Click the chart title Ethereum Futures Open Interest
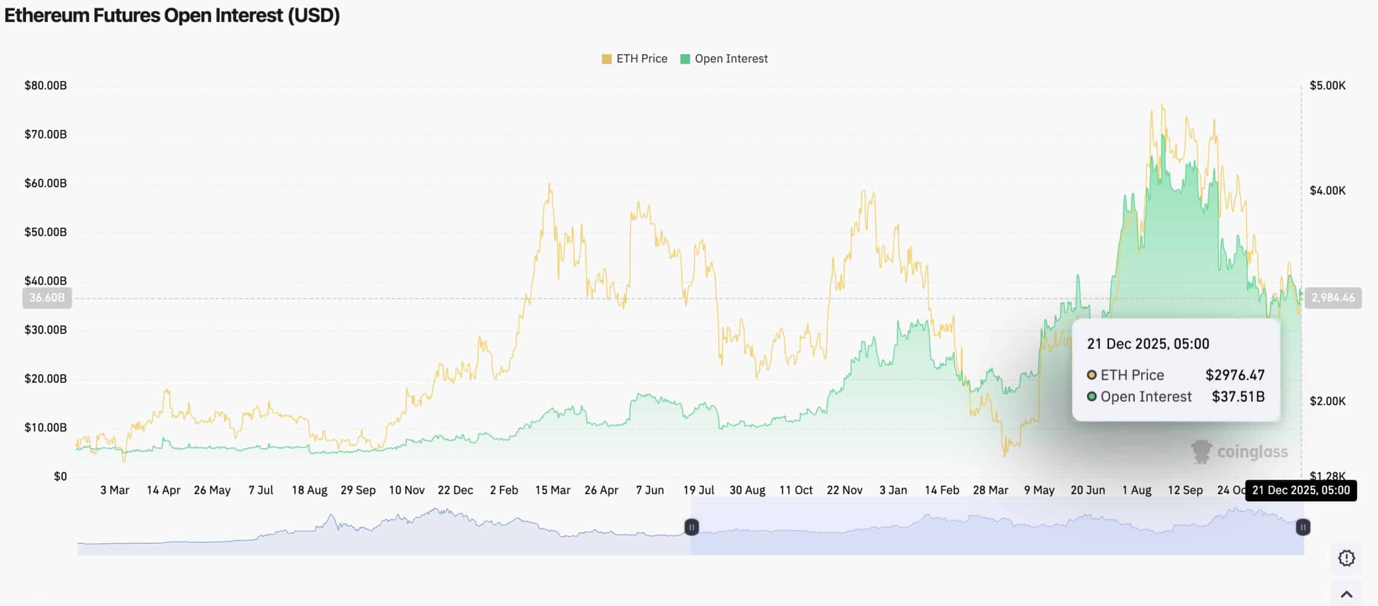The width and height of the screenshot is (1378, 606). click(172, 16)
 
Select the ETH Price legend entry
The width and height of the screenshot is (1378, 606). click(635, 59)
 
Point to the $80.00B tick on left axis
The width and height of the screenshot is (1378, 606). click(46, 86)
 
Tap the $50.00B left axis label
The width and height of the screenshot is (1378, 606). click(46, 232)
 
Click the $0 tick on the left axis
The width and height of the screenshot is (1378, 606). click(60, 476)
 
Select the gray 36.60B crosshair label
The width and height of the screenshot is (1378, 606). click(47, 298)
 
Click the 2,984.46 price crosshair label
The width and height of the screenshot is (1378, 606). click(1333, 298)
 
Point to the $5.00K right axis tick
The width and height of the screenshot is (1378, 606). click(1327, 86)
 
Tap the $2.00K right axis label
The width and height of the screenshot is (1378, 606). click(1327, 401)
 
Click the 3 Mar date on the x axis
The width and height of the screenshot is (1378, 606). click(115, 490)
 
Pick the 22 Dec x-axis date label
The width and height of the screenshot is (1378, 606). click(455, 490)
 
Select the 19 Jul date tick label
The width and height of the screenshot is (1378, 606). click(699, 490)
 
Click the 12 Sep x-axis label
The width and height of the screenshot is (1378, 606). click(1185, 490)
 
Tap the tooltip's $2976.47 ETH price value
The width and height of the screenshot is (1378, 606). click(1235, 375)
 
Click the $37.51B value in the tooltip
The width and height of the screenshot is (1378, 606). click(1238, 396)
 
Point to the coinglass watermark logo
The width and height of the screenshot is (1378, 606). click(1240, 452)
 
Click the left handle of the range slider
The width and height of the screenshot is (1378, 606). click(692, 527)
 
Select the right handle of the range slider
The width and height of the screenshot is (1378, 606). click(1303, 527)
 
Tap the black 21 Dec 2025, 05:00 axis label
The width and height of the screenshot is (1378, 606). click(1300, 490)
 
